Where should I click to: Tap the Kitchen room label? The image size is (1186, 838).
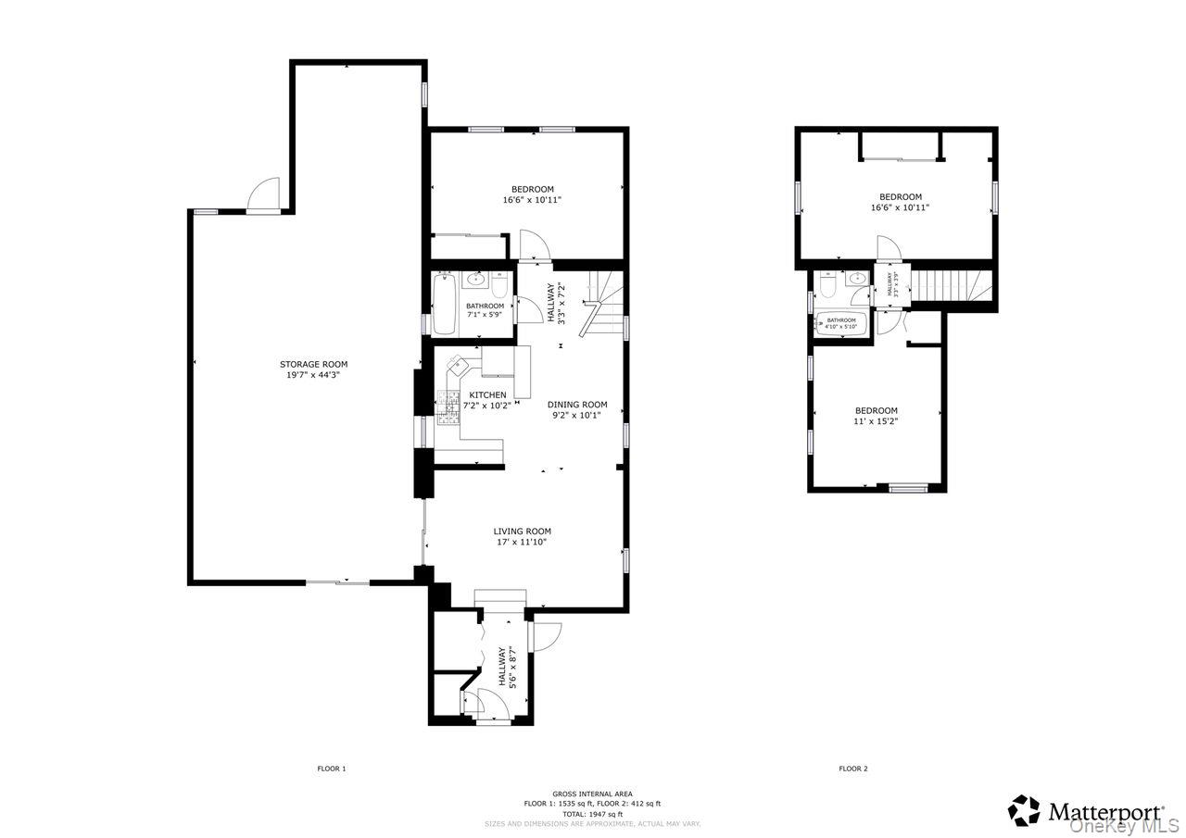point(487,395)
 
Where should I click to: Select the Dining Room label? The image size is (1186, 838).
point(576,404)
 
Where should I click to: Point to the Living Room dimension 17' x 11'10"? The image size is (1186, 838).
point(522,542)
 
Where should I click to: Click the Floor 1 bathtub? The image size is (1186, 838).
point(444,305)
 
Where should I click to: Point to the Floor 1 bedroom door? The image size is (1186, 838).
point(535,245)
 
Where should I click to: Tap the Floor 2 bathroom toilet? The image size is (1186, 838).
point(828,286)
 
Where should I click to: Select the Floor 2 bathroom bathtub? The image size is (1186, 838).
point(840,324)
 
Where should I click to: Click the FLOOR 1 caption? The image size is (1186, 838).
point(331,769)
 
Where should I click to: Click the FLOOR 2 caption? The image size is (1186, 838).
point(852,769)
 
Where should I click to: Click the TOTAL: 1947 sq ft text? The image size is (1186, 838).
point(592,814)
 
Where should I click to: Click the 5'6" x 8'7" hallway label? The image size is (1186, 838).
point(507,667)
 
